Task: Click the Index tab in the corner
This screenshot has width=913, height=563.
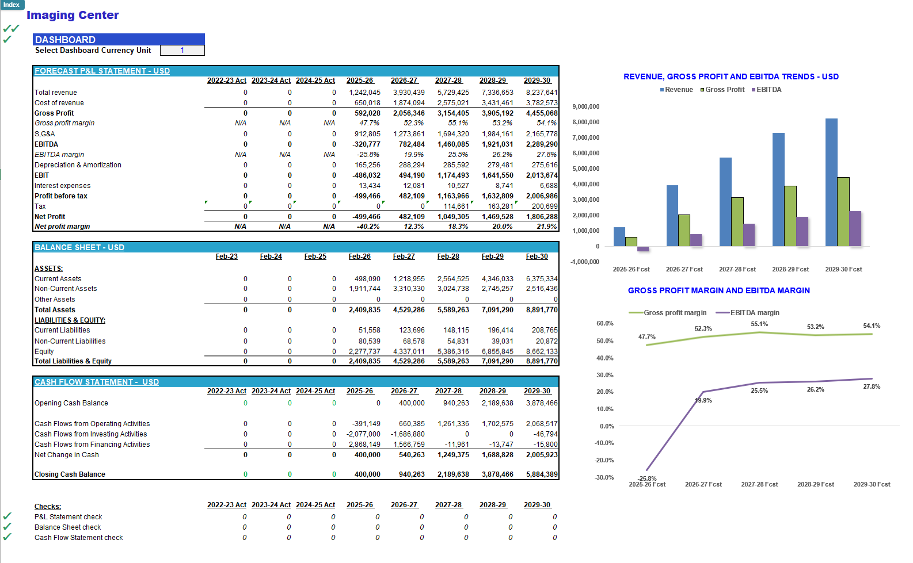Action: (x=12, y=5)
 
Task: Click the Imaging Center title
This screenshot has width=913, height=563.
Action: (x=73, y=16)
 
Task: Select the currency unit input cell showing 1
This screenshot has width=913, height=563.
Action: (x=182, y=51)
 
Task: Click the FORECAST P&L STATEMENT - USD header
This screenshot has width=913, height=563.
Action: (x=102, y=71)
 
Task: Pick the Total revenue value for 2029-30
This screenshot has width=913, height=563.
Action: (x=541, y=93)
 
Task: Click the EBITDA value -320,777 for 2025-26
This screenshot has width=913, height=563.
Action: (x=366, y=144)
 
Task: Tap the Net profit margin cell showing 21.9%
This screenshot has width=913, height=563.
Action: (x=546, y=227)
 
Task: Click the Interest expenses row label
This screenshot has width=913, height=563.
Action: (x=62, y=186)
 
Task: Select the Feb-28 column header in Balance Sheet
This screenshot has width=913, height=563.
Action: (x=448, y=256)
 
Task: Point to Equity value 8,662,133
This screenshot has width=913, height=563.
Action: (x=541, y=351)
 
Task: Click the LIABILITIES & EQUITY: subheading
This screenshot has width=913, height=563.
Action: (x=70, y=320)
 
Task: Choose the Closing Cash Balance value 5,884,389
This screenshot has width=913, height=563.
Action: (x=541, y=474)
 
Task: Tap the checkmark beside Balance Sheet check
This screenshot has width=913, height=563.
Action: (x=7, y=527)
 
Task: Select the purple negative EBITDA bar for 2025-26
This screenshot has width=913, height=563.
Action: (x=643, y=249)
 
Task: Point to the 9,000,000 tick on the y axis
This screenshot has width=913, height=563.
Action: (x=585, y=107)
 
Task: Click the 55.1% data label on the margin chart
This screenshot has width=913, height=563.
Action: (x=759, y=324)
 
